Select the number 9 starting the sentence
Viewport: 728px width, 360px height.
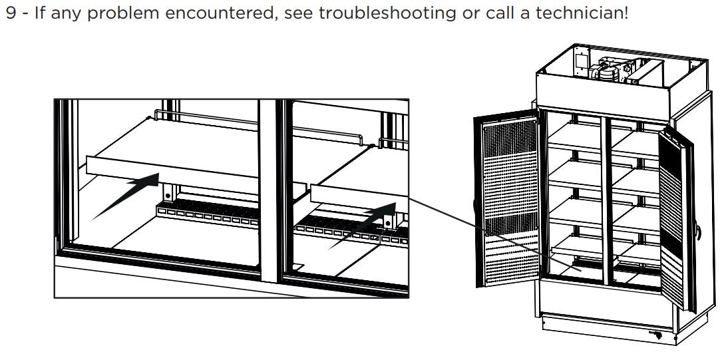9,13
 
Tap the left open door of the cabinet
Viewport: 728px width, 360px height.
506,200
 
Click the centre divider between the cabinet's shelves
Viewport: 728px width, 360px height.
606,200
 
